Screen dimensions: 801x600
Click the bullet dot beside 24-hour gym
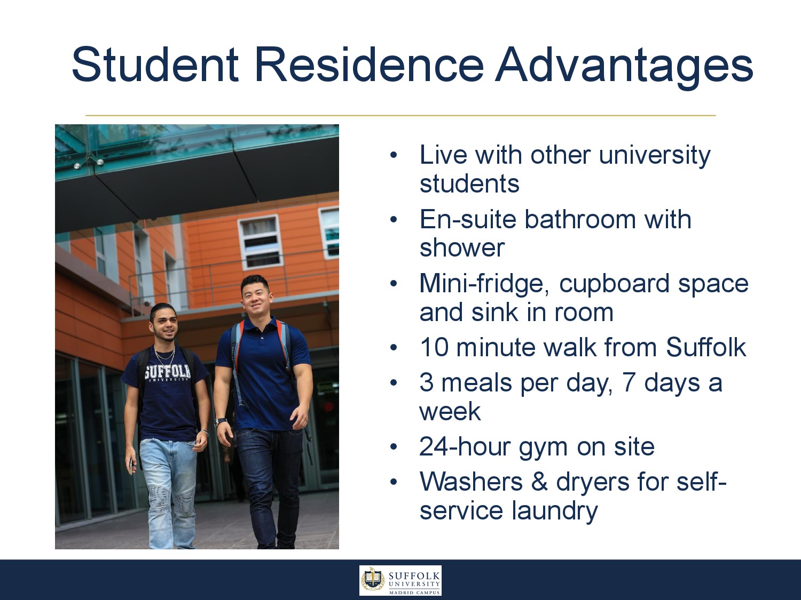(x=393, y=447)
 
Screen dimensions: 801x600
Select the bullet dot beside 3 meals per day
(x=393, y=383)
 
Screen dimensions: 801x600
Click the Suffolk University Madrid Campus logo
(x=400, y=580)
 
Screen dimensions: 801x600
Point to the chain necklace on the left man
(x=165, y=355)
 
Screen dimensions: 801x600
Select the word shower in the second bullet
(x=462, y=247)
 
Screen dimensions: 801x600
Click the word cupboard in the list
(x=614, y=284)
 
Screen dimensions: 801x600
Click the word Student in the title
(x=155, y=65)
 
